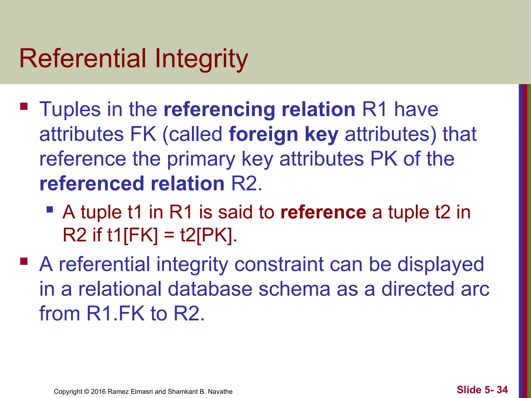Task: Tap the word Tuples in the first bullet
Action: point(70,110)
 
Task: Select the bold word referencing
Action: point(219,110)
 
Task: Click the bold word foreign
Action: point(263,134)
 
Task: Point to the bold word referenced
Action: point(92,184)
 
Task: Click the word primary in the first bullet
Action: point(201,159)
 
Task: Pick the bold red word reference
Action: point(323,212)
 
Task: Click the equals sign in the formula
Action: point(169,235)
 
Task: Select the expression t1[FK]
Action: point(132,235)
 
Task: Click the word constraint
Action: point(279,265)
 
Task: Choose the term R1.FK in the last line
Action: point(115,314)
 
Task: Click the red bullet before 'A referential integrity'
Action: point(24,261)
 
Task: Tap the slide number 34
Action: point(502,390)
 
